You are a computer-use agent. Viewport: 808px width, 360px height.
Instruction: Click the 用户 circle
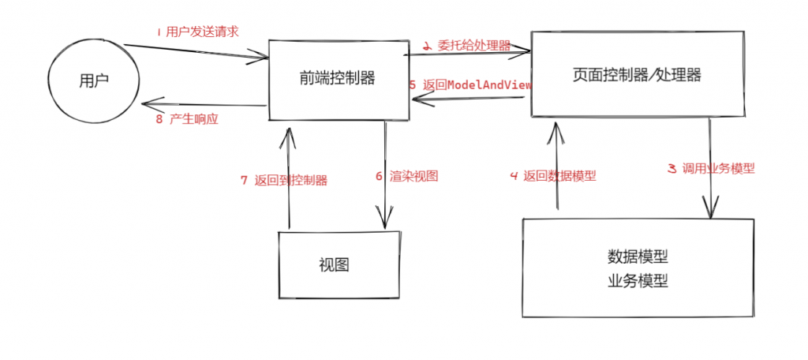click(93, 81)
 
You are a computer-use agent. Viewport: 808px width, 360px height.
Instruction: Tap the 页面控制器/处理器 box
click(637, 75)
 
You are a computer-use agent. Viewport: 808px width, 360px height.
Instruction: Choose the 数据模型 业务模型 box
click(638, 268)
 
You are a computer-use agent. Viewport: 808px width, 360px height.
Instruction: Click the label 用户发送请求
click(202, 32)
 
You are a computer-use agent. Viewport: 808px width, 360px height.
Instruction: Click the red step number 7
click(244, 180)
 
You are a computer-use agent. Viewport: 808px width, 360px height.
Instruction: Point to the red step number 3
click(671, 167)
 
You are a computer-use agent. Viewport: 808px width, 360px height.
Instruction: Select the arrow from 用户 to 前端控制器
click(197, 51)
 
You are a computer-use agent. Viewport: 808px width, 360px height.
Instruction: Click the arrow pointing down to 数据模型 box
click(711, 170)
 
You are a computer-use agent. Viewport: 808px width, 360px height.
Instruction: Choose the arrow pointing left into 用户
click(204, 103)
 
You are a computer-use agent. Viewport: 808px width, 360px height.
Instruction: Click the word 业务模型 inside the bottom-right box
click(638, 280)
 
